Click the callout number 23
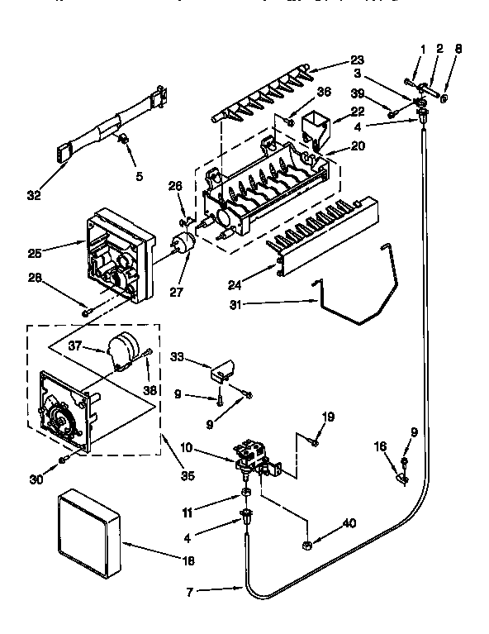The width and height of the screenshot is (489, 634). tap(356, 60)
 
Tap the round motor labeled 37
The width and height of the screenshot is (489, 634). tap(126, 346)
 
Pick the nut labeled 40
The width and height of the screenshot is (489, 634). tap(306, 545)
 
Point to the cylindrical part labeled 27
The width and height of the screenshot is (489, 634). tap(182, 244)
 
